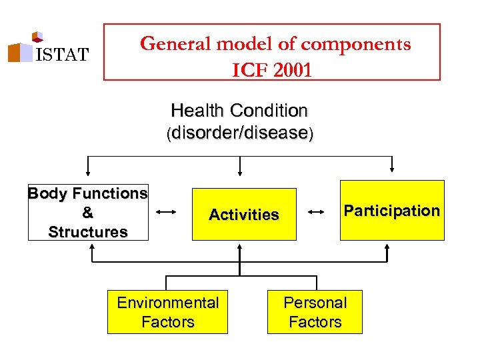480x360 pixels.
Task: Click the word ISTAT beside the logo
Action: (x=61, y=55)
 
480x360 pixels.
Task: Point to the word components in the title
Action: (x=355, y=44)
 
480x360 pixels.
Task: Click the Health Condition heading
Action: (x=239, y=110)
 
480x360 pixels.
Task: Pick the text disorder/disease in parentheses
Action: (x=240, y=133)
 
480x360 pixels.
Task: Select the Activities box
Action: (x=244, y=214)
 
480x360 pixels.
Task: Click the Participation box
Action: (x=392, y=211)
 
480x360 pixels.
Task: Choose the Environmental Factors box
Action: (x=167, y=312)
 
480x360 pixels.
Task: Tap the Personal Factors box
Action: (x=315, y=312)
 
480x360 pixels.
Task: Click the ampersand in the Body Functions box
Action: (x=87, y=213)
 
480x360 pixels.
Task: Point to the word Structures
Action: (x=87, y=232)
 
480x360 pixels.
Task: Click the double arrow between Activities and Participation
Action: (x=317, y=212)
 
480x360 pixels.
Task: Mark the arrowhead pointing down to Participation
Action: (x=392, y=168)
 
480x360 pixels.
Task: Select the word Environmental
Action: (x=167, y=303)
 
